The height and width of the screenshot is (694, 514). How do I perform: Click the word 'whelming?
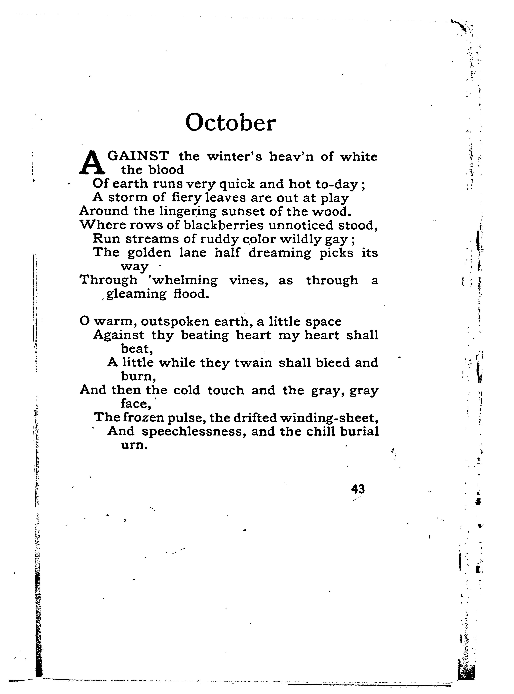click(x=182, y=280)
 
